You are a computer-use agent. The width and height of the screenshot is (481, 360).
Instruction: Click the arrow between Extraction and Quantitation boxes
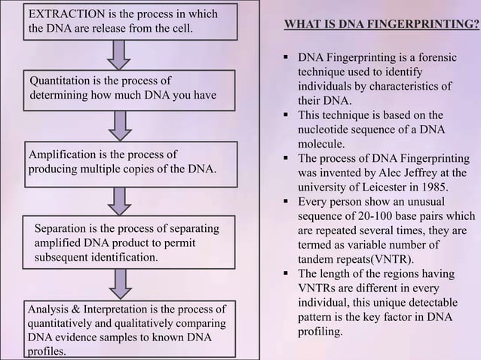tap(118, 52)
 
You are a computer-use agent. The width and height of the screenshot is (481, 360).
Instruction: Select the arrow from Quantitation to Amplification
tap(118, 124)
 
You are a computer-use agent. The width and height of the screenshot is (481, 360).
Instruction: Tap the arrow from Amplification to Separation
tap(118, 199)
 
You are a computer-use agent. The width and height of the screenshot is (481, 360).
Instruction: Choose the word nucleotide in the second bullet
tap(326, 130)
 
